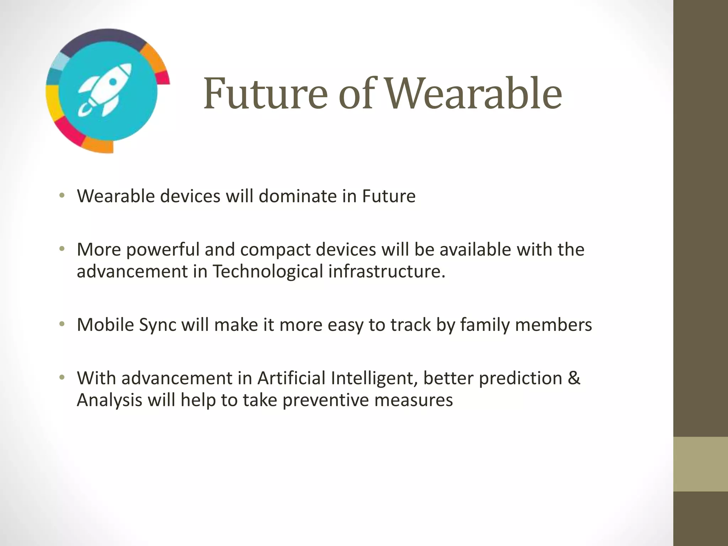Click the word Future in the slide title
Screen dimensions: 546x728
(x=265, y=94)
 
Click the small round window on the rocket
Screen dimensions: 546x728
(x=113, y=82)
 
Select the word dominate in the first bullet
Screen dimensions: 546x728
(x=298, y=196)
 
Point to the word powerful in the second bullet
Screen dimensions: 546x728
(x=163, y=250)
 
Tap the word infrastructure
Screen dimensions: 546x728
(x=386, y=272)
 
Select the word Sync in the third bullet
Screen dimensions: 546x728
(x=157, y=325)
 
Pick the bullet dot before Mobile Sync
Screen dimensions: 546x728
(x=62, y=323)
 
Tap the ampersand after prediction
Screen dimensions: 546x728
(x=574, y=378)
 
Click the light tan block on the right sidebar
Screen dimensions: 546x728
(x=700, y=464)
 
